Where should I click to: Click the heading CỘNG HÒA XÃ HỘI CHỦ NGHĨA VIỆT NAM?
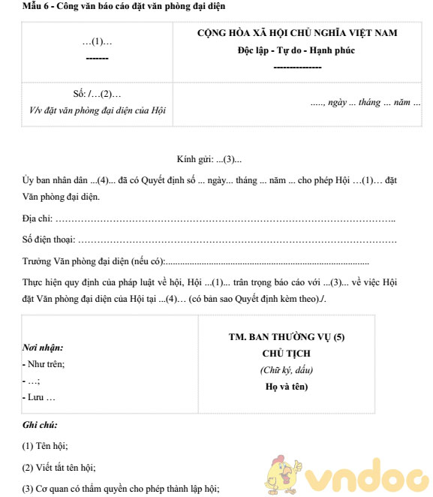[297, 33]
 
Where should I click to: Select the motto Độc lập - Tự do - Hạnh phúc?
[297, 50]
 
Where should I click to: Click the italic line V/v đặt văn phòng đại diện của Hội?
[98, 110]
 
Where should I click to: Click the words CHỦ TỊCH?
[286, 354]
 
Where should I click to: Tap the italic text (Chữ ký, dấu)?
[286, 370]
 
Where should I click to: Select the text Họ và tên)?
[286, 387]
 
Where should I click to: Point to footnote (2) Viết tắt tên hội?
[59, 467]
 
